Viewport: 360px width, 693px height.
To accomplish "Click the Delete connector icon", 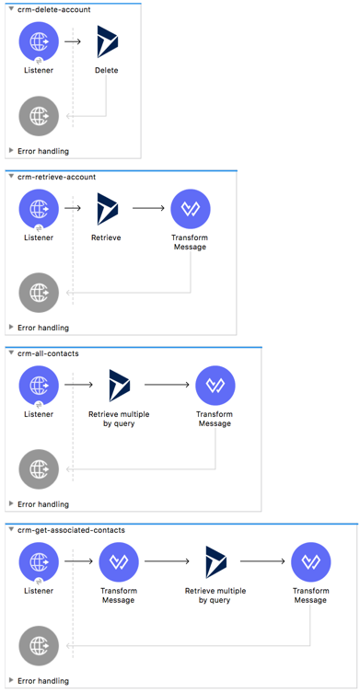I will (107, 41).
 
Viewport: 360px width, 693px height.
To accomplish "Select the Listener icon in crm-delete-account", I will (39, 41).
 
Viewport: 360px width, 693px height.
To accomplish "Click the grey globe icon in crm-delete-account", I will (39, 116).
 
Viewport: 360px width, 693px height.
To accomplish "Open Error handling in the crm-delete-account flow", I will (42, 150).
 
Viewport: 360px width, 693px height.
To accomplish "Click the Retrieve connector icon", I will (107, 209).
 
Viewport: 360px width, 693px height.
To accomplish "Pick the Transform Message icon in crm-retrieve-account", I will (190, 209).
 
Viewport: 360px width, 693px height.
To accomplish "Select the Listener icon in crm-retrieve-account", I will (39, 209).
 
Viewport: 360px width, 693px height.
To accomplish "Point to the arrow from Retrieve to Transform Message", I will (148, 209).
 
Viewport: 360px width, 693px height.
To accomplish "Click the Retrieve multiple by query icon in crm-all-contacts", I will (119, 386).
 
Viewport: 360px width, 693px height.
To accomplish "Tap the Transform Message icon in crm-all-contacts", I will (215, 386).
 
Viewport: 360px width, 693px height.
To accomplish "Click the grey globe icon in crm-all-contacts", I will (39, 468).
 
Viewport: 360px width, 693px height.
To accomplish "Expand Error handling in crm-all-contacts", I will (42, 503).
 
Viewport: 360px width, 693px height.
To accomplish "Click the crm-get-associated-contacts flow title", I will (70, 530).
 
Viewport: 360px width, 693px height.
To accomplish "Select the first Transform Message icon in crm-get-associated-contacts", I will (119, 562).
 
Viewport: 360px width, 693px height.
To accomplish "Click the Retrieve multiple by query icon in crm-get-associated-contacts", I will (215, 562).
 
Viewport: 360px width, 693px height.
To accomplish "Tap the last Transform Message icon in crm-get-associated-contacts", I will (310, 562).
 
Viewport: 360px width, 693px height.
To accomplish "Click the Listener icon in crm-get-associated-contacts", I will (39, 562).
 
